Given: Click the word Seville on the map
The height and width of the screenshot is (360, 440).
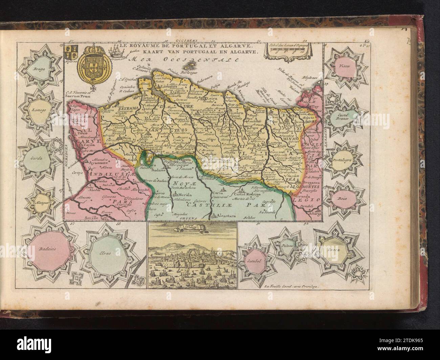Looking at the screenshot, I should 94,218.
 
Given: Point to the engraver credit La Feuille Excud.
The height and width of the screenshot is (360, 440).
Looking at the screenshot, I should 291,285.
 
